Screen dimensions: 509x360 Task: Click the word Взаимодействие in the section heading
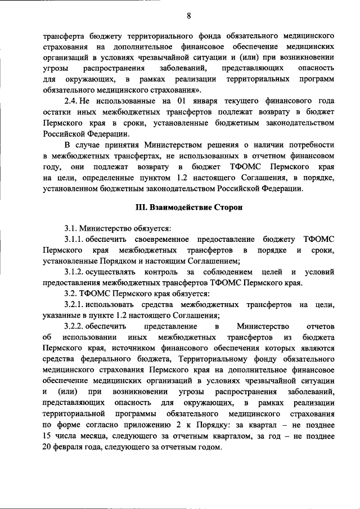(179, 208)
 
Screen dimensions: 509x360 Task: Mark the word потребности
(314, 144)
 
